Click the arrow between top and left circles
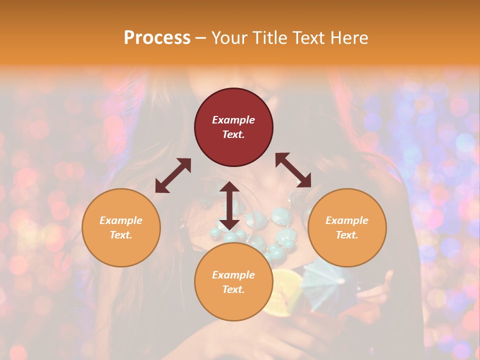coord(173,175)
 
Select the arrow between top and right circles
coord(293,170)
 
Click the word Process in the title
coord(157,37)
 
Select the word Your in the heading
coord(228,37)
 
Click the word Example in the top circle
coord(233,120)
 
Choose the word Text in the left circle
coord(121,235)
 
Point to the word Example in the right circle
coord(347,220)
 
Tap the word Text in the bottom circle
coord(233,289)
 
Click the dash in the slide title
coord(200,37)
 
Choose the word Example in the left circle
coord(121,220)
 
